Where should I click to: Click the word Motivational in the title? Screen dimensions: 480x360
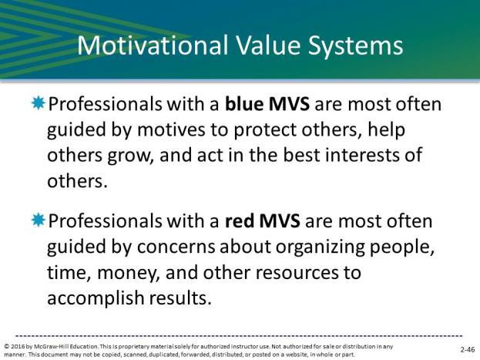click(x=153, y=45)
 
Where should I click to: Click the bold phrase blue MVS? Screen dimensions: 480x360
click(x=267, y=103)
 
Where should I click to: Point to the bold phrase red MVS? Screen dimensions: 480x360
click(x=263, y=221)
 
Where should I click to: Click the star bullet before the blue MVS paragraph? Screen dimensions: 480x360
click(x=39, y=103)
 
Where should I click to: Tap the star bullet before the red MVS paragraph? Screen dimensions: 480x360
click(x=39, y=220)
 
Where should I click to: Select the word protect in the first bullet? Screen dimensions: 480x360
click(x=265, y=130)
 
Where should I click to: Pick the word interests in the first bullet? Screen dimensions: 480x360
click(x=360, y=154)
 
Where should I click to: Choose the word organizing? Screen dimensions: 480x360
click(x=320, y=247)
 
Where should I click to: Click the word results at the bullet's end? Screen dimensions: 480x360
click(x=180, y=298)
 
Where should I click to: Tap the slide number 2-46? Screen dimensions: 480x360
click(x=468, y=349)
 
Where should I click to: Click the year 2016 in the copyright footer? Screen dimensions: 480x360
click(x=18, y=347)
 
